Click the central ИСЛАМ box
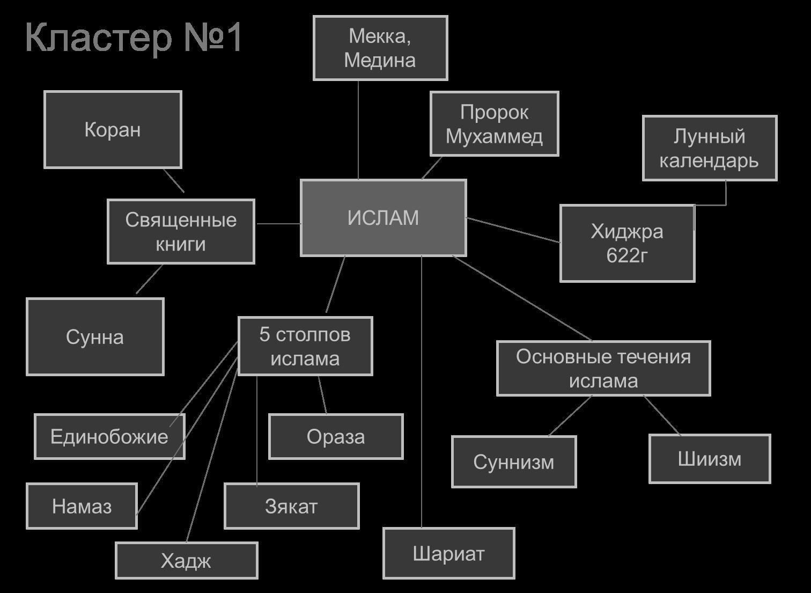click(383, 218)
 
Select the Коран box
click(113, 129)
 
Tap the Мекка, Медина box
click(380, 48)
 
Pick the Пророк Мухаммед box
click(494, 124)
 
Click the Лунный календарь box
click(709, 148)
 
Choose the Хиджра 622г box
click(627, 243)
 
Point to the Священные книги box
click(181, 232)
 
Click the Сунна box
click(95, 337)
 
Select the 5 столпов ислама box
click(305, 346)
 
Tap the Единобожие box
click(109, 436)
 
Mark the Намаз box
click(82, 506)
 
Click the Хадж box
click(186, 561)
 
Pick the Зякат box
click(291, 506)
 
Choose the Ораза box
click(336, 436)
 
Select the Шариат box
click(448, 553)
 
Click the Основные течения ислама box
click(603, 368)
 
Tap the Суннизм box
click(514, 462)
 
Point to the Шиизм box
click(710, 459)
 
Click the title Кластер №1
click(134, 38)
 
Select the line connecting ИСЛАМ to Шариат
click(422, 392)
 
